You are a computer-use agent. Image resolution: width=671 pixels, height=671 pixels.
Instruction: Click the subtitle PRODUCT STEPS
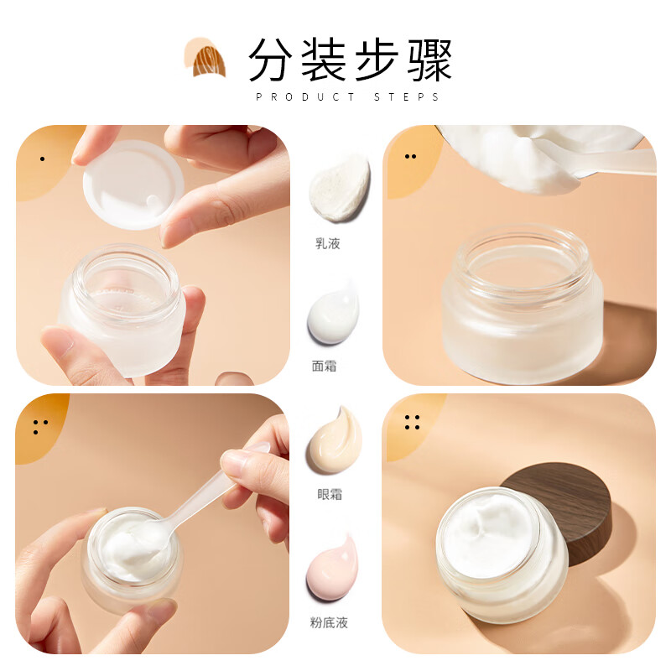click(347, 97)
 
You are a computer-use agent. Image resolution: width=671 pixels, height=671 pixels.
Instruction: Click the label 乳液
click(327, 244)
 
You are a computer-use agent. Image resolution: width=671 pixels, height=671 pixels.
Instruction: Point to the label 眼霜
click(329, 495)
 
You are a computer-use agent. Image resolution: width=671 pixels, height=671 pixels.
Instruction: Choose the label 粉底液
click(329, 622)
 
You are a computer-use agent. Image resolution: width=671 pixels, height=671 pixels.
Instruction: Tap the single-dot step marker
click(42, 158)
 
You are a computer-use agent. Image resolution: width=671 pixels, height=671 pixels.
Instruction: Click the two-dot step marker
click(410, 156)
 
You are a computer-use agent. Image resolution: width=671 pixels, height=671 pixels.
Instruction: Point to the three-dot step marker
click(39, 427)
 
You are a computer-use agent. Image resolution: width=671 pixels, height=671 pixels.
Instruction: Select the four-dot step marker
click(412, 423)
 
